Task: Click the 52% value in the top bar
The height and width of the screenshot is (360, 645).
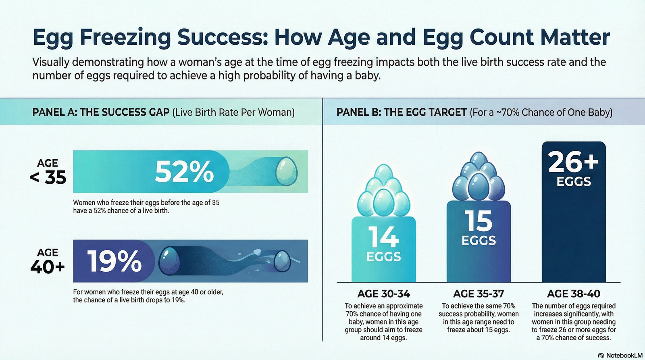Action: click(184, 172)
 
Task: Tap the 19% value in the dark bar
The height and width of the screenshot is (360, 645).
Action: click(114, 261)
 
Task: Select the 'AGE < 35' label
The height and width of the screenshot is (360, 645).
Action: click(48, 172)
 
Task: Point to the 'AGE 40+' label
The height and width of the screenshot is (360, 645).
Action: click(48, 261)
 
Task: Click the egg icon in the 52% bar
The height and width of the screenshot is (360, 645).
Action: click(286, 171)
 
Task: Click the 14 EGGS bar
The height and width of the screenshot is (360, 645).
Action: click(383, 249)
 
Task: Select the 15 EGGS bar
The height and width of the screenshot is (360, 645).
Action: click(479, 241)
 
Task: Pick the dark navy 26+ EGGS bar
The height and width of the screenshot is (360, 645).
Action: click(574, 212)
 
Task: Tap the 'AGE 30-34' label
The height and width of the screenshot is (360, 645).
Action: click(383, 294)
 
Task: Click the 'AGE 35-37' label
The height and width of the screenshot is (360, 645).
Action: click(479, 294)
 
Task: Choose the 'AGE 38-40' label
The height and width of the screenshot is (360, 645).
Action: click(574, 294)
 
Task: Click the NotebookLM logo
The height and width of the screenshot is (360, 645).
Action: click(620, 356)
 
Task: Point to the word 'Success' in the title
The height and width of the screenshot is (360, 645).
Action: click(222, 37)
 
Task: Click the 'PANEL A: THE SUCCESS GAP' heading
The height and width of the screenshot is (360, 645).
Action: click(101, 112)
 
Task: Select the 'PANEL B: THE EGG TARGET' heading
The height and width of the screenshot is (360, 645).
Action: click(402, 112)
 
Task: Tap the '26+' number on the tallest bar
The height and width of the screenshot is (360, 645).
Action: click(573, 162)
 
